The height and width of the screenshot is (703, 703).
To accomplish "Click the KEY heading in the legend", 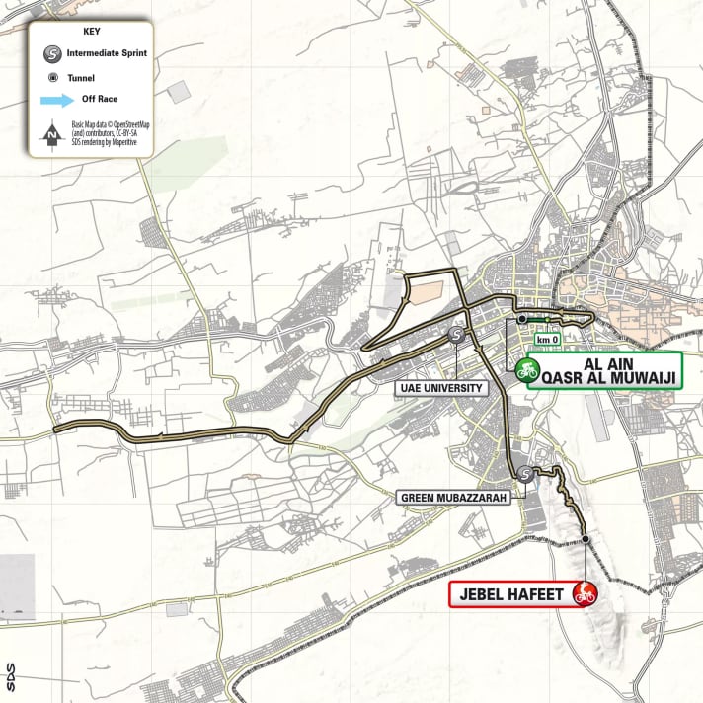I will point(82,31).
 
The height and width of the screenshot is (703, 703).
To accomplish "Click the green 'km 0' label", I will point(547,340).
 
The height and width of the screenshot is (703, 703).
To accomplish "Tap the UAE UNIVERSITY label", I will point(442,388).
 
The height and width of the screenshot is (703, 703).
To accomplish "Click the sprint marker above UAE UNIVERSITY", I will point(457,336).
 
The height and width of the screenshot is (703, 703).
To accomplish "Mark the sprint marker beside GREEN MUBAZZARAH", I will point(527,475).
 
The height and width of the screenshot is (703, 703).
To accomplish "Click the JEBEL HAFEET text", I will point(511,594).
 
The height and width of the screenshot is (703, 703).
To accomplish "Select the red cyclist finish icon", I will point(586,593).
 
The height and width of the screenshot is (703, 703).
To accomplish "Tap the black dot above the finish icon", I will point(586,539).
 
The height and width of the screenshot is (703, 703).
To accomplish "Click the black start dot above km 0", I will point(521,320).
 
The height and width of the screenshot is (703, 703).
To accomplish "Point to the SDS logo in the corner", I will point(9,678).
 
